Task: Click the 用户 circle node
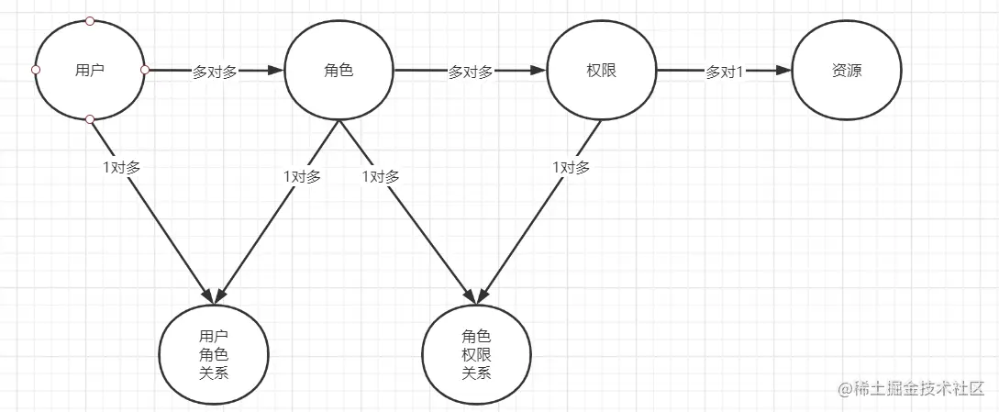tap(90, 71)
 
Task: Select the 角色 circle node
tap(339, 71)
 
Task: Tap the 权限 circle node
tap(601, 71)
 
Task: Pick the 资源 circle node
tap(847, 71)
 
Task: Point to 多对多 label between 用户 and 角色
tap(215, 72)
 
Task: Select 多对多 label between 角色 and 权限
tap(471, 72)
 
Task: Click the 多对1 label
tap(724, 72)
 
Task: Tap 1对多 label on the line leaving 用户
tap(122, 168)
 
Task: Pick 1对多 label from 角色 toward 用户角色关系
tap(302, 177)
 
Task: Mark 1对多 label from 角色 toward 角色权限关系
tap(381, 177)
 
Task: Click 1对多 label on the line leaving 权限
tap(571, 168)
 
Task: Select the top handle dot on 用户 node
tap(90, 20)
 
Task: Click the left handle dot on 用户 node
tap(36, 70)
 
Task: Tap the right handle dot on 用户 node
tap(144, 70)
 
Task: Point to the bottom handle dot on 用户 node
tap(90, 120)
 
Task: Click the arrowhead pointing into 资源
tap(783, 71)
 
